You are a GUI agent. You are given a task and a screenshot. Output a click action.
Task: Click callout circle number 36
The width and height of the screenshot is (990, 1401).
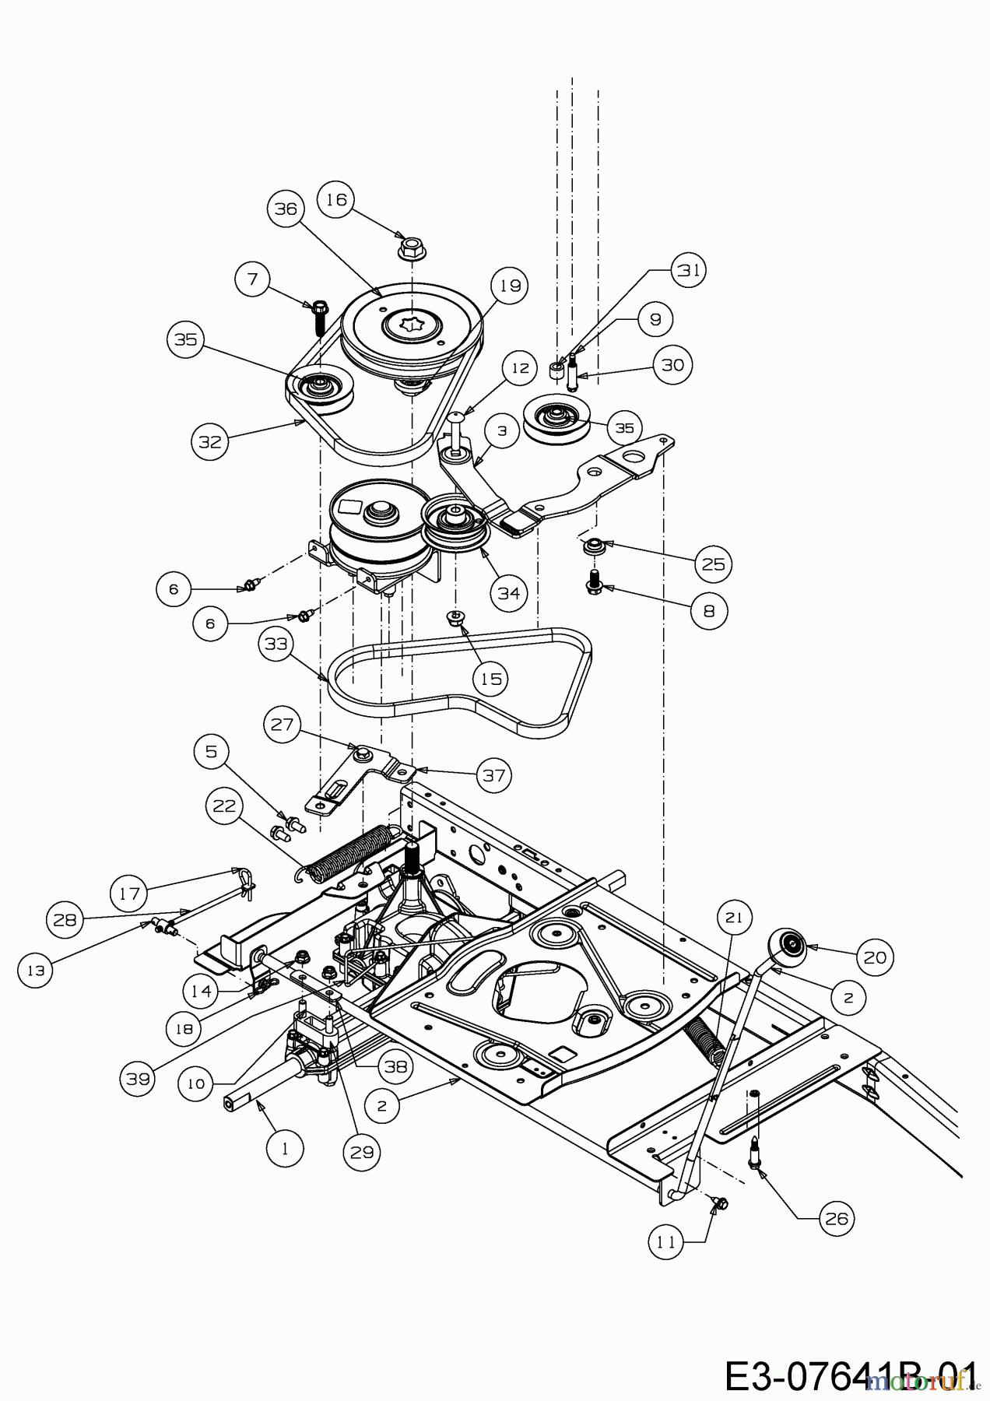point(286,209)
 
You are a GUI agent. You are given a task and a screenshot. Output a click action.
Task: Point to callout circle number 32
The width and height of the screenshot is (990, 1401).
point(210,441)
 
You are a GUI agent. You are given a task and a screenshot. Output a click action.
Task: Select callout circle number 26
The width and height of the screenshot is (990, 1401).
point(836,1218)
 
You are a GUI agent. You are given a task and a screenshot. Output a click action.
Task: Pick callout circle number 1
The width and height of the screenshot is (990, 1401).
point(284,1148)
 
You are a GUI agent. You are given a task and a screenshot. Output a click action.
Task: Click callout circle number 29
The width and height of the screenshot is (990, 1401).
point(361,1153)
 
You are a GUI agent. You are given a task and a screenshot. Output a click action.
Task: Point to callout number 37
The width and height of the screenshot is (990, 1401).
point(494,775)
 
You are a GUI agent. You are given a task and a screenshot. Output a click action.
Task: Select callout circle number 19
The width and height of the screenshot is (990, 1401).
point(509,286)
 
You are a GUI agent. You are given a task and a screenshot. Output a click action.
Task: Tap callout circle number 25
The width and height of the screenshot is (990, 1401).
point(713,564)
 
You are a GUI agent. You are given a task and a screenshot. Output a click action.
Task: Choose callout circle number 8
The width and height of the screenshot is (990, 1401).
point(708,611)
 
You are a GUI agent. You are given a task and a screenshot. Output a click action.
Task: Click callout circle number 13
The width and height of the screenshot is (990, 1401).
point(36,971)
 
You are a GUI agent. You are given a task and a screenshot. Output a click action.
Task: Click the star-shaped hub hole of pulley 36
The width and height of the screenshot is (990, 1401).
point(410,321)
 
